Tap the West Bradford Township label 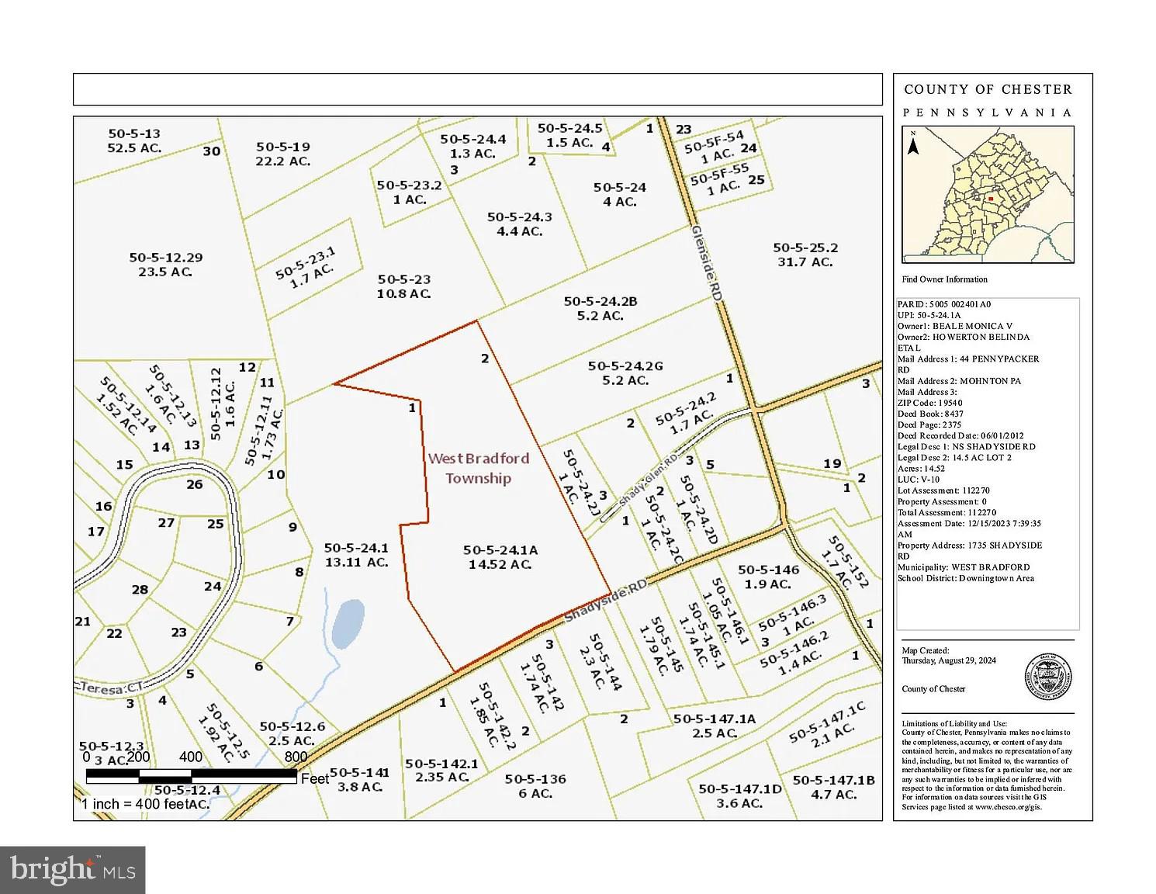pyautogui.click(x=478, y=468)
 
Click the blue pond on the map pyautogui.click(x=348, y=623)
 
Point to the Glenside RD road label pyautogui.click(x=707, y=261)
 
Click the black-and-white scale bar pyautogui.click(x=191, y=774)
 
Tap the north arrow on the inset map pyautogui.click(x=914, y=143)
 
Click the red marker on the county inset pyautogui.click(x=990, y=198)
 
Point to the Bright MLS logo pyautogui.click(x=73, y=869)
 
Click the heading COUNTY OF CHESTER pyautogui.click(x=988, y=89)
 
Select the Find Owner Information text pyautogui.click(x=944, y=279)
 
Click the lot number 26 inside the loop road pyautogui.click(x=195, y=484)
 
